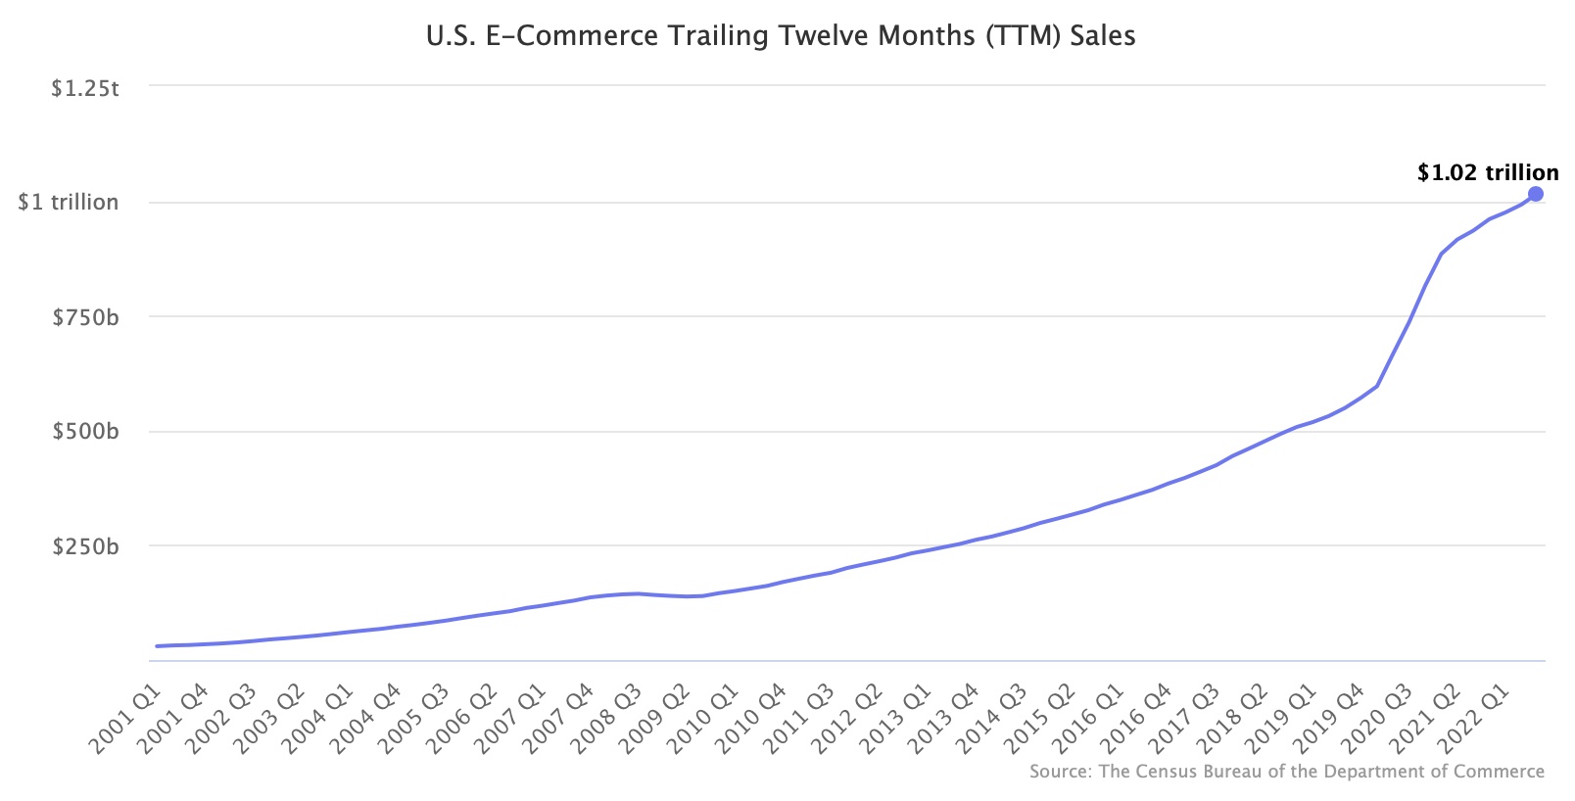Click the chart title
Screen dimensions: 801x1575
coord(781,36)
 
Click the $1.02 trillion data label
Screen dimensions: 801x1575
coord(1487,173)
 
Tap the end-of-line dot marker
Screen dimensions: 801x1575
coord(1535,194)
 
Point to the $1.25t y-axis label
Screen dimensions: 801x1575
coord(85,89)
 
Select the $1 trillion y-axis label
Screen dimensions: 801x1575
coord(69,203)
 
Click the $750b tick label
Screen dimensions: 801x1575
coord(85,317)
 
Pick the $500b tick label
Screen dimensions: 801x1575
coord(85,432)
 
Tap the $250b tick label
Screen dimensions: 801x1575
coord(85,546)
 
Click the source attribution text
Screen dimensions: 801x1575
coord(1286,772)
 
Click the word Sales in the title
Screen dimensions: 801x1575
coord(1102,36)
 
